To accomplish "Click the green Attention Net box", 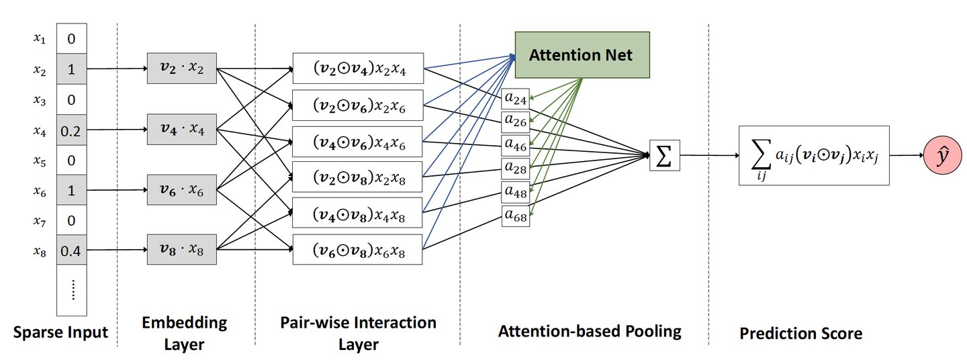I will (581, 54).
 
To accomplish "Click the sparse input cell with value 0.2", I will (71, 130).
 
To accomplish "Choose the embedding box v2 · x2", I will (181, 69).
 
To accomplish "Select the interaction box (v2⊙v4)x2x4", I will (357, 68).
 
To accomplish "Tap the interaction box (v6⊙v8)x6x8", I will (357, 250).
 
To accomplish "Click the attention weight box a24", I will (516, 99).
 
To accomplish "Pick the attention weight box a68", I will (516, 216).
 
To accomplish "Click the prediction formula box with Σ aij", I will (813, 156).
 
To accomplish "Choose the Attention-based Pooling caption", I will (589, 331).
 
